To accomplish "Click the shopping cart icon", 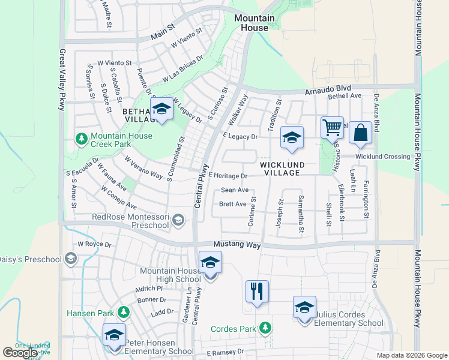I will [x=332, y=128].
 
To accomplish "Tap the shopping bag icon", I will [x=360, y=133].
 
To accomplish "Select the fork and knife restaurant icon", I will [x=257, y=292].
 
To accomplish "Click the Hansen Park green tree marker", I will [x=123, y=311].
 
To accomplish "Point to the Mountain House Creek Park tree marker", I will [x=81, y=139].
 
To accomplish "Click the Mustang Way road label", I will [x=237, y=245].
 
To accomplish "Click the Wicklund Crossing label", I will [x=383, y=157].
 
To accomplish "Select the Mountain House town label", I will [x=255, y=23].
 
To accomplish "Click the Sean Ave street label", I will [x=234, y=190].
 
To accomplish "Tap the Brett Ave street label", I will [x=233, y=204].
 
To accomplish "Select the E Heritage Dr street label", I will [x=228, y=176].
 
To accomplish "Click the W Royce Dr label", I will [x=95, y=245].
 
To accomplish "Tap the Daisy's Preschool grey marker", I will [x=71, y=259].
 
